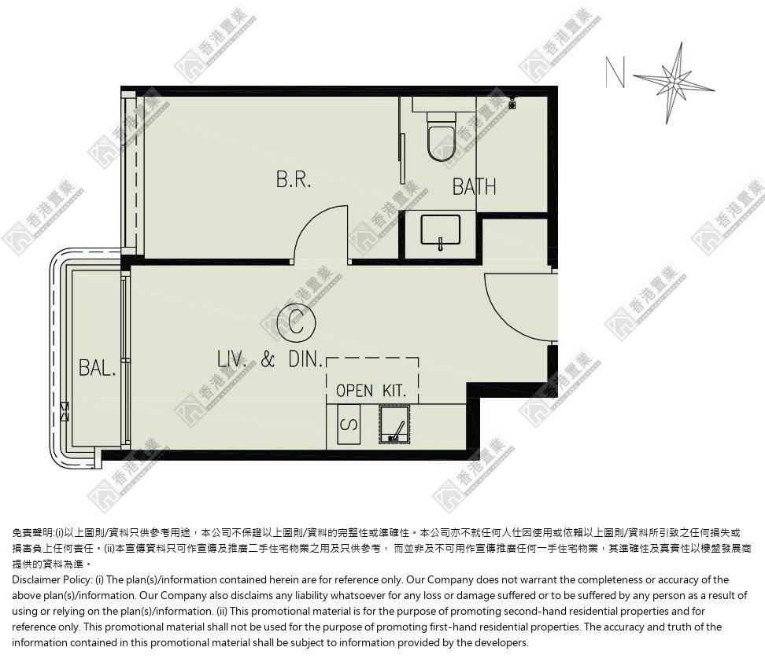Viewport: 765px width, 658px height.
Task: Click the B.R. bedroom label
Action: [x=294, y=180]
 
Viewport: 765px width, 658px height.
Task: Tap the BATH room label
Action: [x=475, y=186]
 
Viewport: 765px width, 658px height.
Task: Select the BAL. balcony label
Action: [x=98, y=367]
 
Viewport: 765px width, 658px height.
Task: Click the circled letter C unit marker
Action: [x=296, y=322]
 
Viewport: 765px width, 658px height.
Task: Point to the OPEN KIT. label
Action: [x=371, y=391]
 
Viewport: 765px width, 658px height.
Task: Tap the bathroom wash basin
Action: [x=440, y=230]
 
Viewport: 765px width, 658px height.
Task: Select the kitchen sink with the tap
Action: [x=394, y=425]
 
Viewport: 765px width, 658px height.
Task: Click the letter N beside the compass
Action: [x=615, y=72]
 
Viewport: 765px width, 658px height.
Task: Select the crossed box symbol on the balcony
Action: [x=65, y=411]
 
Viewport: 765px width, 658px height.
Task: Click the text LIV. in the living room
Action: [x=231, y=360]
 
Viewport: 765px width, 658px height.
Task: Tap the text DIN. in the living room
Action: [x=306, y=360]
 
